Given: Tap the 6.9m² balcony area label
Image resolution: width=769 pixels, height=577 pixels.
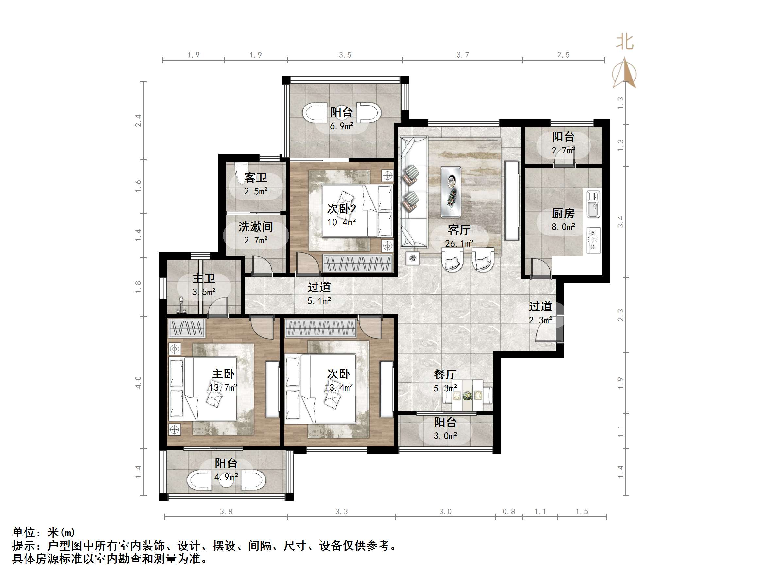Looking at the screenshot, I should pos(341,126).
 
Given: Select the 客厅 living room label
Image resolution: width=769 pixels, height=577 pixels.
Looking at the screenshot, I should pos(459,230).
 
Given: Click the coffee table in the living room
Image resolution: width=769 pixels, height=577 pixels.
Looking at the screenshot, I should pos(451,192).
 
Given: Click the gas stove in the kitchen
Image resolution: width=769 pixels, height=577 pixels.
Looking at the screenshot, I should pos(593,240).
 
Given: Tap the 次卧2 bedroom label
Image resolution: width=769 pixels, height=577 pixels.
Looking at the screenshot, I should pos(341,209).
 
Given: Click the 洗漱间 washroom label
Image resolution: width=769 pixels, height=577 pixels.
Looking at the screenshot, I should pos(256,227).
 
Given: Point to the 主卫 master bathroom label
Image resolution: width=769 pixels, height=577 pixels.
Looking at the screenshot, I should pos(204,278).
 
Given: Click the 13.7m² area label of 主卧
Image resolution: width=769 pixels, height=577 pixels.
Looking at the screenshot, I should pos(223,387).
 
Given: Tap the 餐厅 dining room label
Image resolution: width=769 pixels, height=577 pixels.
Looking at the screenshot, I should pos(445,375).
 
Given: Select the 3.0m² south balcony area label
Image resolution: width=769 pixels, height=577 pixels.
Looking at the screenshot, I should pos(445,436).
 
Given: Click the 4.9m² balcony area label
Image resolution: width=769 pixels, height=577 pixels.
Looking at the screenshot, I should pos(226,477).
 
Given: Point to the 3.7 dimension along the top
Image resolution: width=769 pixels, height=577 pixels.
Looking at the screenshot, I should pos(463,55).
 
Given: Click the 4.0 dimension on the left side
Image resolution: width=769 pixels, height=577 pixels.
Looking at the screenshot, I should pos(138,382).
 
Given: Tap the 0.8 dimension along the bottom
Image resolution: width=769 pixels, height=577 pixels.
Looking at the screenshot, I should pos(509,511).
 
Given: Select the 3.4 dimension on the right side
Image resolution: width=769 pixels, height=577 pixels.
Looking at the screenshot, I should pos(620,221).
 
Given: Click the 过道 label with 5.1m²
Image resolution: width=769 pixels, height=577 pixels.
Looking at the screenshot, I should pos(319,287).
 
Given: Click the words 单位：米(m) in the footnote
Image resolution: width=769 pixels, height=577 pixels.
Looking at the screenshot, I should pos(44,532).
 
